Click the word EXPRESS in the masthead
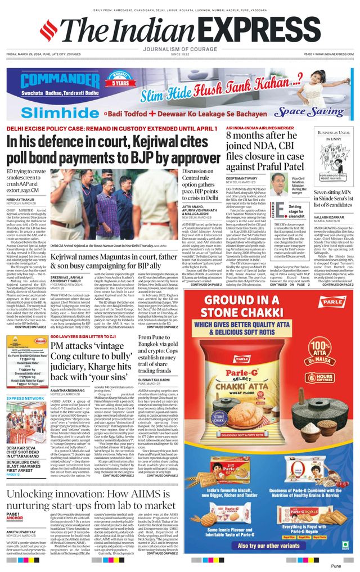[x=259, y=30]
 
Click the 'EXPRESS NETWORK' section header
[x=25, y=398]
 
